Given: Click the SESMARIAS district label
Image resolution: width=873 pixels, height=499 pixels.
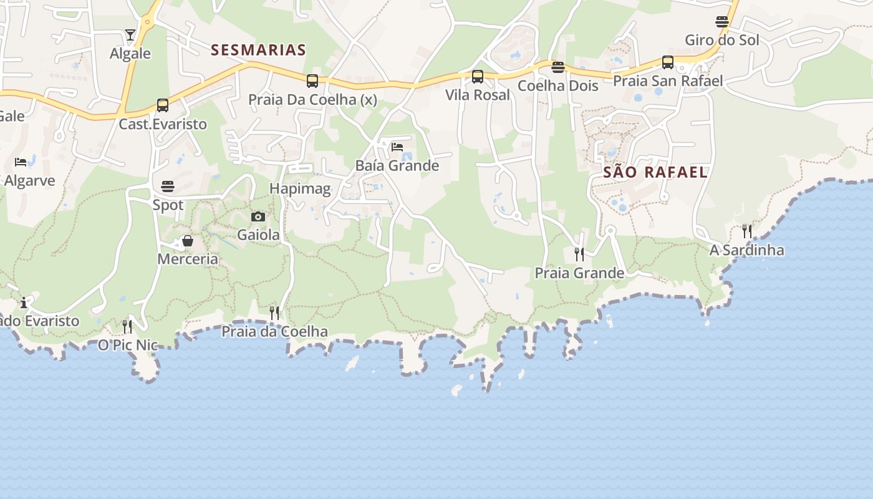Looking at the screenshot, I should point(258,50).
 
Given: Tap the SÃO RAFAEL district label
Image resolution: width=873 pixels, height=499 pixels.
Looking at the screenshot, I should point(655,172).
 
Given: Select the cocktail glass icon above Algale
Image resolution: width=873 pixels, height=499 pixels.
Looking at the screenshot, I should point(130,35).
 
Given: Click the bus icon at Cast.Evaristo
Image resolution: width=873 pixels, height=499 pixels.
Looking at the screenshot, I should point(163,105).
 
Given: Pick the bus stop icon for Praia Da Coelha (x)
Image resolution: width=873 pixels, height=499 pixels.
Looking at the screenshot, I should point(312,81).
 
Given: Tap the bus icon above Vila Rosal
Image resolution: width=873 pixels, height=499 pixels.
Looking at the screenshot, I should point(478,77).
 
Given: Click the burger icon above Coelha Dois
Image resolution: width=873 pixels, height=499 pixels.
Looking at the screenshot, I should point(558,67).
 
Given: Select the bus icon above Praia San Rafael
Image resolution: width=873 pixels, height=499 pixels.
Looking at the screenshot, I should point(668,62).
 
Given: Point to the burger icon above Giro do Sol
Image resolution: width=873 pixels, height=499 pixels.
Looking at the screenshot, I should point(722,22).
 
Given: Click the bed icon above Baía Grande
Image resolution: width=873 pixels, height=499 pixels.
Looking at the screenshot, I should point(397,147).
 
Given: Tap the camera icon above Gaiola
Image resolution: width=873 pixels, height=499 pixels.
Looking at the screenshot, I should point(258,216).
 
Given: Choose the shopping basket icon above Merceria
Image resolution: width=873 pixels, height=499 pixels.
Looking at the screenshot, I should point(188,241).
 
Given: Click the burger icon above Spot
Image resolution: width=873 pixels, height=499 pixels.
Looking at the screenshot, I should point(168,187).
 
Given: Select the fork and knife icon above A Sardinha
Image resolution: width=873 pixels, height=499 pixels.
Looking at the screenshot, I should point(747,231).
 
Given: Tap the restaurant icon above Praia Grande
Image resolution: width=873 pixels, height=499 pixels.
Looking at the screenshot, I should point(579,254).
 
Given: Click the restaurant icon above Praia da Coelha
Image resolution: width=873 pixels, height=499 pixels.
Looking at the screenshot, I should point(274,312).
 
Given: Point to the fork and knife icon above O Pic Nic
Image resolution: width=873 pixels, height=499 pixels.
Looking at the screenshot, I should point(127,326).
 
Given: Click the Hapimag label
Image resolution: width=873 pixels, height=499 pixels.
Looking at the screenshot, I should point(300,188).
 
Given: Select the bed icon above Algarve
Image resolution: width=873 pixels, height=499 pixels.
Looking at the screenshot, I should point(21,162).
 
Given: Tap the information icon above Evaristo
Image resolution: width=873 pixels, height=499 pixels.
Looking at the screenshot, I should point(24,303).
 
